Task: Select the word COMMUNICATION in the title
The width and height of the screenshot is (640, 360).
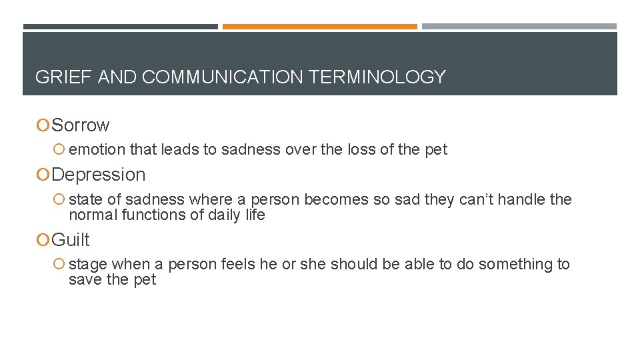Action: coord(223,77)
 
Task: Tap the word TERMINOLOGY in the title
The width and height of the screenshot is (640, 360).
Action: coord(377,77)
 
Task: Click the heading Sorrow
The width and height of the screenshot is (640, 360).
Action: coord(81,125)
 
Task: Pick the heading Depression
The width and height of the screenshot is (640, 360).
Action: coord(98,175)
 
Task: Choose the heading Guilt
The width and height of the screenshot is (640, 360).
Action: coord(71,240)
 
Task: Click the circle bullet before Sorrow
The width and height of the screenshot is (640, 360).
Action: coord(43,125)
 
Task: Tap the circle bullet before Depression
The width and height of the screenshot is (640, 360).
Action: coord(43,175)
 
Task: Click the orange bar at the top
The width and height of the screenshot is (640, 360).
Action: coord(320,27)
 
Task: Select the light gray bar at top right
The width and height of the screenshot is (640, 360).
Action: coord(519,27)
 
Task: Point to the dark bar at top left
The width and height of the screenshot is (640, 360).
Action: coord(120,27)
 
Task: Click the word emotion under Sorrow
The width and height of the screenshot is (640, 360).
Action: coord(97,150)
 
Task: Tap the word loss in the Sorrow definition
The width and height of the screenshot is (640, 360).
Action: coord(361,150)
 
